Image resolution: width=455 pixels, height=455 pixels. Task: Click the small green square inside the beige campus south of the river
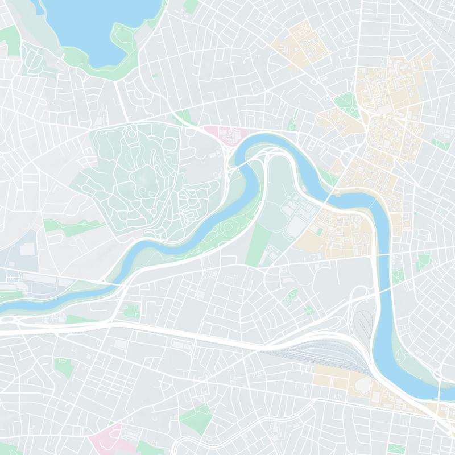pos(319,231)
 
